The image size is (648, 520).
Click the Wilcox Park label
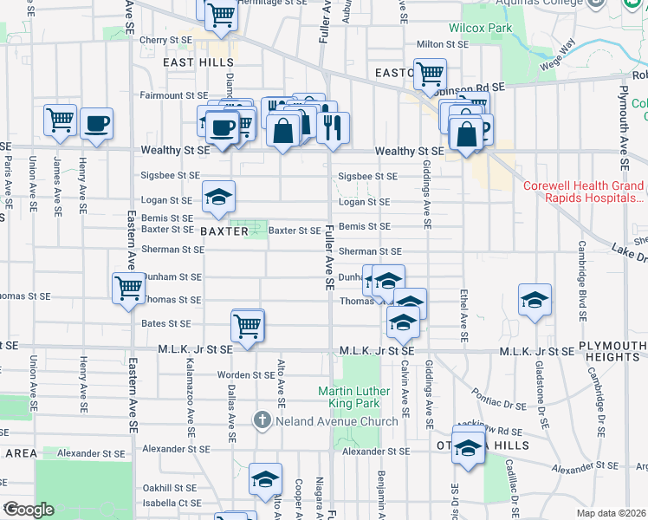point(469,28)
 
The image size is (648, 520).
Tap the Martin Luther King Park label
point(361,398)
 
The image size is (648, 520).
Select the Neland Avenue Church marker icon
point(262,421)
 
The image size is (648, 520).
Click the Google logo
point(29,510)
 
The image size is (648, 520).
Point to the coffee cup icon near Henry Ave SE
point(97,123)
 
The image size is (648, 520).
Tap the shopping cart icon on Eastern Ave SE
point(128,287)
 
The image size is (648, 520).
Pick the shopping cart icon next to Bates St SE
point(248,326)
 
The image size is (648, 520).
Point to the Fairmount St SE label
point(174,95)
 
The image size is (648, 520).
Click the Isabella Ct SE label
point(166,503)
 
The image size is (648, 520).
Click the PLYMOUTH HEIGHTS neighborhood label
point(612,352)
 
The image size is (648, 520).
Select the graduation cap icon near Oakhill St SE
point(265,478)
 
